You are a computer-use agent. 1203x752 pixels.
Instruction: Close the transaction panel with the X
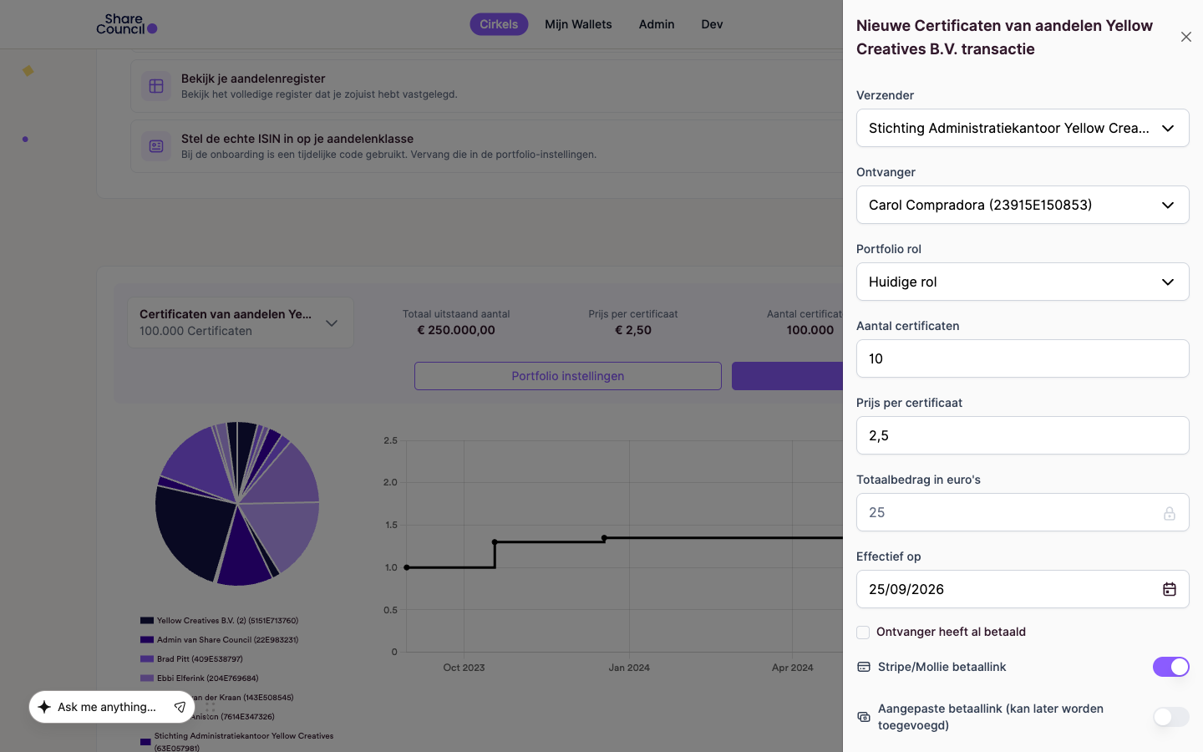pos(1185,37)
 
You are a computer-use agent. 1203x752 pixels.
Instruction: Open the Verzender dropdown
pos(1023,128)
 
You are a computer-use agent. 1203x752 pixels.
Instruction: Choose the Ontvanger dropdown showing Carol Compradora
pos(1023,205)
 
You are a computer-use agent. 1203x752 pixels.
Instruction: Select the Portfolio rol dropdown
pos(1023,282)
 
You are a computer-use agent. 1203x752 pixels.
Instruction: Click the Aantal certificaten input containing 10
pos(1023,358)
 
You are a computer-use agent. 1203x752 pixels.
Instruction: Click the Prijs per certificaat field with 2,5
pos(1023,435)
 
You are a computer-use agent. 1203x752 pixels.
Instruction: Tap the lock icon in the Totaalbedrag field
pos(1170,513)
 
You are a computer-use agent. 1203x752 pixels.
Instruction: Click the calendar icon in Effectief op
pos(1170,589)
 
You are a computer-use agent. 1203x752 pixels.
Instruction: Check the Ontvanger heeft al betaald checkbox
pos(863,633)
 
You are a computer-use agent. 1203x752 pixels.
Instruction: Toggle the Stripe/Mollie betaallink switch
pos(1170,667)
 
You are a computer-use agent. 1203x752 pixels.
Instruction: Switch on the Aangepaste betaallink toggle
pos(1170,717)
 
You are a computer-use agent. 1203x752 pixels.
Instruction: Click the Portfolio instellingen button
pos(568,376)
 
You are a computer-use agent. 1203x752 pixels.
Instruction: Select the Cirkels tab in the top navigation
pos(499,24)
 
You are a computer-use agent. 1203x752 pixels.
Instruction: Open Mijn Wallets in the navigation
pos(578,24)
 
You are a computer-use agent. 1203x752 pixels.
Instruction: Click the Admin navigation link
pos(657,24)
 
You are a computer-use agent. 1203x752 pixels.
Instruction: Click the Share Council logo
pos(127,24)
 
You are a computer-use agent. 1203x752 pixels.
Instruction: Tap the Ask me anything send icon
pos(180,707)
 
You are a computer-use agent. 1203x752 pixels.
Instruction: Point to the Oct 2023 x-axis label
pos(464,668)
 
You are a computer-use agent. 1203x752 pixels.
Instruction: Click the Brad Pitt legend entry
pos(192,658)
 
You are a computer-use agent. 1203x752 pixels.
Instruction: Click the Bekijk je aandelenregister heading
pos(253,79)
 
